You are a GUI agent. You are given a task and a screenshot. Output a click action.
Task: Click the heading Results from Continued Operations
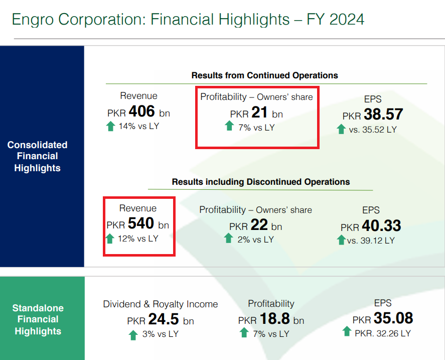tap(264, 75)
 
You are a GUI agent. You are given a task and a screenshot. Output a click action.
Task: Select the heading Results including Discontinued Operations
tap(260, 182)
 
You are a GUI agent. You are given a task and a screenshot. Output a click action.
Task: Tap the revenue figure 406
tap(142, 111)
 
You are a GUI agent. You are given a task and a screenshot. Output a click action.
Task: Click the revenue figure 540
tap(141, 224)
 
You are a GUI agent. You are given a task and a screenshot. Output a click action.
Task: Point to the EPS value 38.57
tap(383, 114)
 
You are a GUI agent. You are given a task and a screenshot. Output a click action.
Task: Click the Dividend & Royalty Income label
tap(161, 304)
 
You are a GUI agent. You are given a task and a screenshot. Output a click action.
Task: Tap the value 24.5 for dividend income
tap(166, 320)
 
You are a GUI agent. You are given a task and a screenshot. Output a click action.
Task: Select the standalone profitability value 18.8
tap(275, 319)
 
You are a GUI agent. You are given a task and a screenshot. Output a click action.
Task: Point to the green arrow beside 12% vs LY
tap(110, 238)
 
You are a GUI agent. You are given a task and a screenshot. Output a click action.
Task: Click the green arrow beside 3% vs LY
tap(133, 335)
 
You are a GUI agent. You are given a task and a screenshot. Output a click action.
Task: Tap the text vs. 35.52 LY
tap(373, 130)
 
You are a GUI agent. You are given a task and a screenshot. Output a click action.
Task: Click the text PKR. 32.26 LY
tap(382, 333)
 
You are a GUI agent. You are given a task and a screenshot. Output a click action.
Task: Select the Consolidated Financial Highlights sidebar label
tap(37, 156)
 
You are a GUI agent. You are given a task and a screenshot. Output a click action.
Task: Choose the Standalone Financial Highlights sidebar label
tap(38, 319)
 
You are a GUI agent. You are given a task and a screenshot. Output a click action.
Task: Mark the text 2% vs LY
tap(256, 239)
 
